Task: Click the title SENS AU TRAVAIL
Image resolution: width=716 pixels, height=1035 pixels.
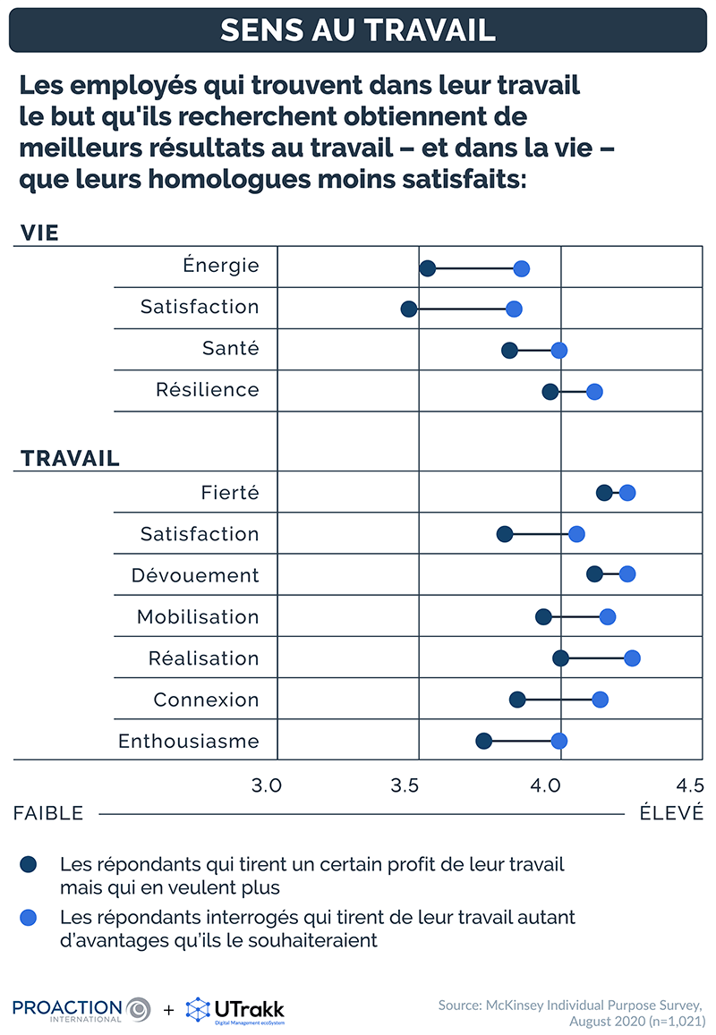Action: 358,30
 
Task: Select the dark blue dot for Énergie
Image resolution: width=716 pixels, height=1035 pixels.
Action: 428,268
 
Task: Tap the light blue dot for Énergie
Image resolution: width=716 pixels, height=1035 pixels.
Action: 521,268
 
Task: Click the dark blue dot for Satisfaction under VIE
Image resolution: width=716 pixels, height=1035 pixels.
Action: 409,309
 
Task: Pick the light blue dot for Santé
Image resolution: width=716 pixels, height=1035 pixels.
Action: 558,350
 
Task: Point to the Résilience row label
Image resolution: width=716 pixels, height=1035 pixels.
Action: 208,390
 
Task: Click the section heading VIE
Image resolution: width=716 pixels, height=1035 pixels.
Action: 39,233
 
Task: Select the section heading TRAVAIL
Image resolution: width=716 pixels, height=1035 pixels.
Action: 70,459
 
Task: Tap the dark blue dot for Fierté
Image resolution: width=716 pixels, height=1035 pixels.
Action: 604,493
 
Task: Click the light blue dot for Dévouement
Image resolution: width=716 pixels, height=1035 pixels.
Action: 626,573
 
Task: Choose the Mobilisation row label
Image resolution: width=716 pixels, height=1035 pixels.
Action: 198,616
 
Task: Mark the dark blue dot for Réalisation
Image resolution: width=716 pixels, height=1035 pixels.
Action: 560,658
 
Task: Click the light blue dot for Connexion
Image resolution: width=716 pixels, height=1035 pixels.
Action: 600,700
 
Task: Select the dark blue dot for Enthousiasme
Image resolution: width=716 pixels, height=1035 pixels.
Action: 483,741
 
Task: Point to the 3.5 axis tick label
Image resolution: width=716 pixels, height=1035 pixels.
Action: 405,786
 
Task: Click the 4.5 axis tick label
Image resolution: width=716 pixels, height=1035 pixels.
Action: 689,786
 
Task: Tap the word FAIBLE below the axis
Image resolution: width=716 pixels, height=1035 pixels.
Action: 48,813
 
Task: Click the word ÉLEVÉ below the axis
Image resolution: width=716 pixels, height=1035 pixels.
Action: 671,813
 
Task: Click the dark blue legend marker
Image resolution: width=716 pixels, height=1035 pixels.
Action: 29,864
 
